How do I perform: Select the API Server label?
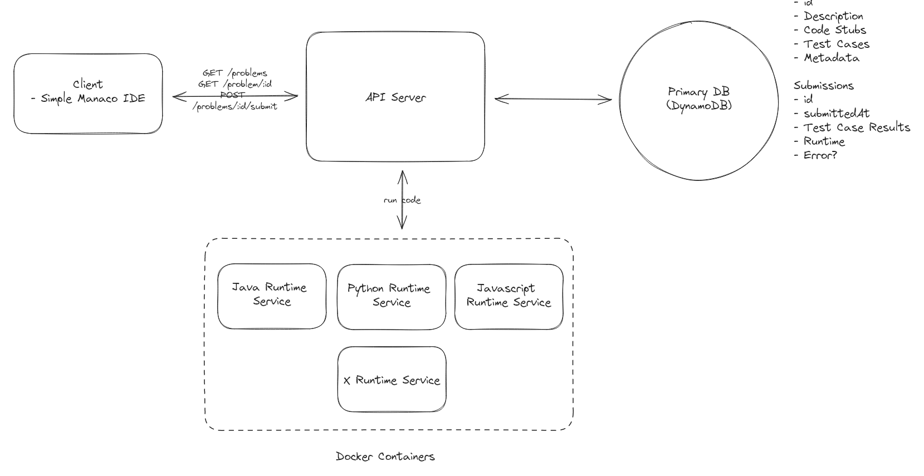[x=395, y=97]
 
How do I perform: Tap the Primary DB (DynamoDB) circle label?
[x=698, y=99]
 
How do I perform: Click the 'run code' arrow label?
[x=402, y=200]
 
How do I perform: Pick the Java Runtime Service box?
[x=271, y=296]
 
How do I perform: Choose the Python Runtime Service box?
[x=391, y=297]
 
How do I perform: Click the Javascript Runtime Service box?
[x=509, y=296]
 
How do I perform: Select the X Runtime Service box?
[x=392, y=380]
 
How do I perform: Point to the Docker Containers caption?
[x=385, y=457]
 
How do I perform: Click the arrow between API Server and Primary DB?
[x=553, y=100]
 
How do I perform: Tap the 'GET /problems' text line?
[x=235, y=73]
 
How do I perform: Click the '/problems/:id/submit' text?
[x=234, y=106]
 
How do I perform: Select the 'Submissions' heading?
[x=823, y=86]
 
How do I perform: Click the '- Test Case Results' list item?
[x=852, y=127]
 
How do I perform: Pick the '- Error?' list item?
[x=816, y=155]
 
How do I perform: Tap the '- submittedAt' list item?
[x=832, y=114]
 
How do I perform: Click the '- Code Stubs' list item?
[x=830, y=30]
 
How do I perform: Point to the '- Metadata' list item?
[x=827, y=58]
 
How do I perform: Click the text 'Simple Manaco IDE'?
[x=92, y=99]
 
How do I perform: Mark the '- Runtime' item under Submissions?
[x=819, y=141]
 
